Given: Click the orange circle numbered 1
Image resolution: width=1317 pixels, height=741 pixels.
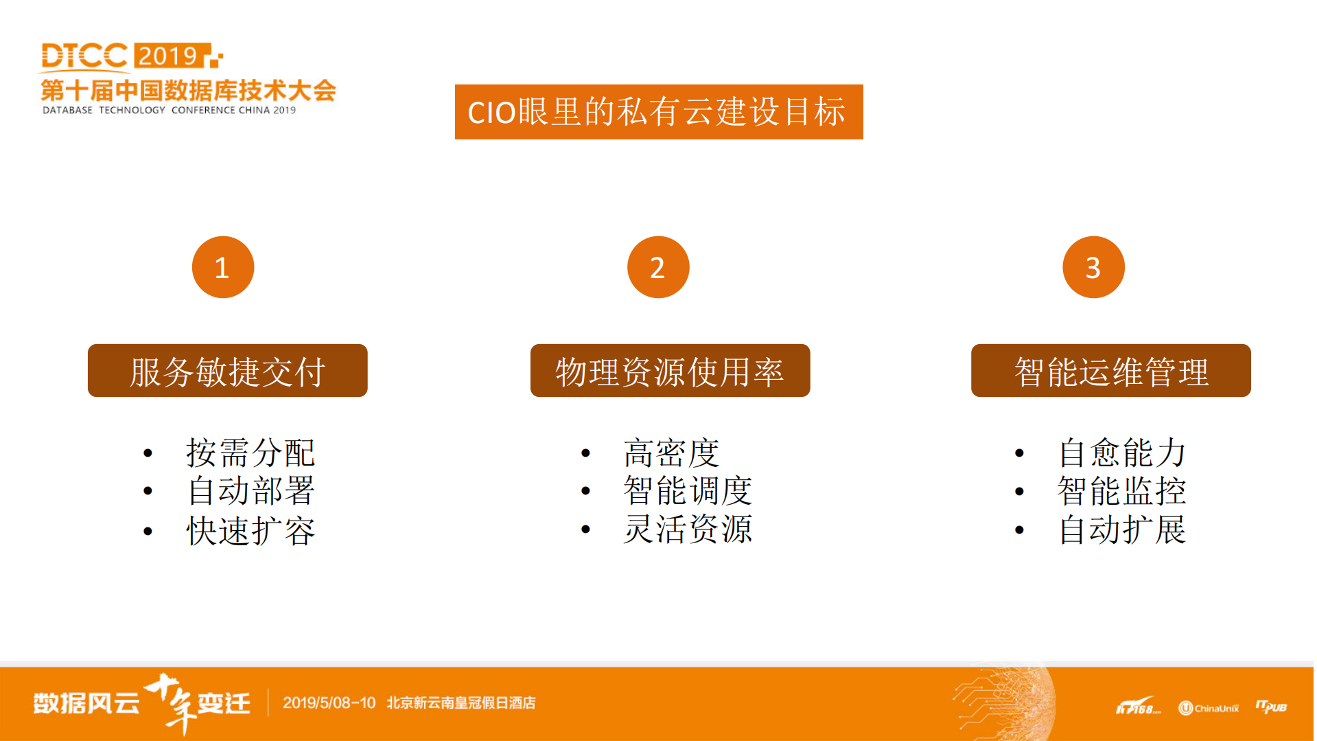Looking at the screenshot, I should pos(223,267).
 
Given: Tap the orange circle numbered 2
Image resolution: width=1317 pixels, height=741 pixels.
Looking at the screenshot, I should pos(658,267).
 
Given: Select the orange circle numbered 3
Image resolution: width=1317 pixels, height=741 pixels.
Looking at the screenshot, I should pos(1093,267).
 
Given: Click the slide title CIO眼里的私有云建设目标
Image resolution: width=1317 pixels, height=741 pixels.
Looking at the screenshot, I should pos(658,112).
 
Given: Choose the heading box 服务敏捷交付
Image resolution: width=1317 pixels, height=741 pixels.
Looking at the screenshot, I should pos(228,371).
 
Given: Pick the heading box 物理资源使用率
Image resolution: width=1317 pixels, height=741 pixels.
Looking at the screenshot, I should pos(670,371).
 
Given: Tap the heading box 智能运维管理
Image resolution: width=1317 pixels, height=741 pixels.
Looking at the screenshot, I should pos(1110,371).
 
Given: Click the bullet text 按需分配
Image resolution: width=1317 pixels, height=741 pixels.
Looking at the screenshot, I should pos(250,453).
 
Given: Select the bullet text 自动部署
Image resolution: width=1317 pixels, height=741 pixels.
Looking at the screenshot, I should pos(250,491).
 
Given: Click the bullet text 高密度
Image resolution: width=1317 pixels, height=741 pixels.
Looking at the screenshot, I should pos(671,453).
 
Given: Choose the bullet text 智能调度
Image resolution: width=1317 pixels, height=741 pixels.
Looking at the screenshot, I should pos(688,491).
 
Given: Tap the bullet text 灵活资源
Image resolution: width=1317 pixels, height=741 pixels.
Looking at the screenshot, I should pos(688,529).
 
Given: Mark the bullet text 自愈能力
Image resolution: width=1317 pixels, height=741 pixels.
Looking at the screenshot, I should pos(1122,453).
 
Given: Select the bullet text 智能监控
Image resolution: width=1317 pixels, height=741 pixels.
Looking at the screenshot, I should pos(1122,491).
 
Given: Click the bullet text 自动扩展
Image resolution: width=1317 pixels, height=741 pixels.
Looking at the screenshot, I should pos(1122,529).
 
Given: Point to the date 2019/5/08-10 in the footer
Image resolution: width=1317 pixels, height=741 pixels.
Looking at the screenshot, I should pos(329,703).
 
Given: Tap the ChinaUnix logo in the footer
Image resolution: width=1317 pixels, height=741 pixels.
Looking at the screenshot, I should pos(1209,708).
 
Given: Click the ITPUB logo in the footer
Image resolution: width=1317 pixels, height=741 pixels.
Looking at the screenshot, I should pos(1271,707).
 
